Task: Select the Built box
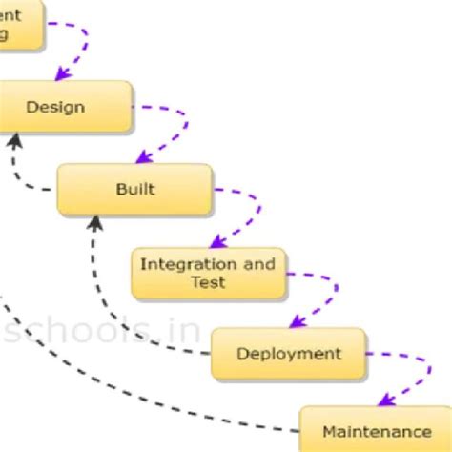coord(134,189)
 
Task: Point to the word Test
coord(208,282)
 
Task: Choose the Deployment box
coord(288,354)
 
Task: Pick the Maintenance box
coord(376,431)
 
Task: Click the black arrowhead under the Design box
coord(13,140)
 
